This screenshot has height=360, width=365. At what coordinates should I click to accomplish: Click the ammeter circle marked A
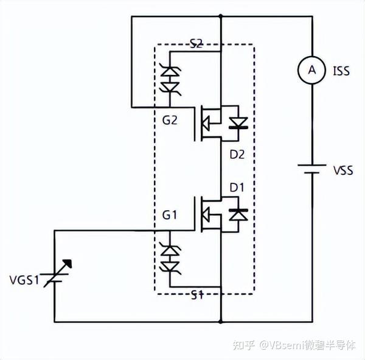[x=311, y=71]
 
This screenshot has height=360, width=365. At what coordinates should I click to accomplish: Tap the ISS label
[x=341, y=71]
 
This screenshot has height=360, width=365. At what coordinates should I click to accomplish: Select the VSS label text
[x=342, y=171]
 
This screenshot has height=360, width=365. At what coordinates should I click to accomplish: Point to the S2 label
[x=196, y=43]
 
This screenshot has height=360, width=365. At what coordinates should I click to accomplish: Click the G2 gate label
[x=170, y=120]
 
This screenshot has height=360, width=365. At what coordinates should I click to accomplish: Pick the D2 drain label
[x=237, y=155]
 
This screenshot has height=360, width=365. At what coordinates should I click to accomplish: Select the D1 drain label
[x=237, y=187]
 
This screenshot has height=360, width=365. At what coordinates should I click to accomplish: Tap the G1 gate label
[x=170, y=215]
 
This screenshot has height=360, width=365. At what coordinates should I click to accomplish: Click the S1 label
[x=196, y=295]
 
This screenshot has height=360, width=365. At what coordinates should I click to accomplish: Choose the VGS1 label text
[x=24, y=281]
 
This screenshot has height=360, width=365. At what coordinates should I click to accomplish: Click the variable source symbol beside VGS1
[x=54, y=277]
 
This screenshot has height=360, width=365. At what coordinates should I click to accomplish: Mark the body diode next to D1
[x=238, y=214]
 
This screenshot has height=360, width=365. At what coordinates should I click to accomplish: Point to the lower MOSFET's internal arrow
[x=209, y=214]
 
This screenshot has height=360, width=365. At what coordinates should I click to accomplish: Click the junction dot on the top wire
[x=220, y=17]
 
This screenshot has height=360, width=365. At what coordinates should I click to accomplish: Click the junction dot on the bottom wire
[x=220, y=321]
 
